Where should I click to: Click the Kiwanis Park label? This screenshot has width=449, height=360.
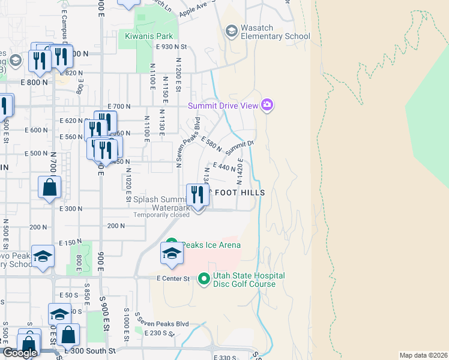point(148,36)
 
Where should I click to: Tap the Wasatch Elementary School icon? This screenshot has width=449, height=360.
point(231,31)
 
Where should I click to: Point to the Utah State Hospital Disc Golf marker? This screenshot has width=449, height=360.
point(203,278)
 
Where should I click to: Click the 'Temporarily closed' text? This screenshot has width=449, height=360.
point(161,215)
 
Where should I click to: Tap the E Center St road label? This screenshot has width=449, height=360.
point(173,279)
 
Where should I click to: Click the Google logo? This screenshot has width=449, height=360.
point(20,353)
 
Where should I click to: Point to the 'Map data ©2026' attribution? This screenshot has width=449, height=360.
point(424,355)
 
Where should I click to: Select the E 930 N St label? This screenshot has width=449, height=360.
point(172,46)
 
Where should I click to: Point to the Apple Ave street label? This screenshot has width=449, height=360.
point(193,9)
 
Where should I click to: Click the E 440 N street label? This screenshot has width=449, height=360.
point(224,167)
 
